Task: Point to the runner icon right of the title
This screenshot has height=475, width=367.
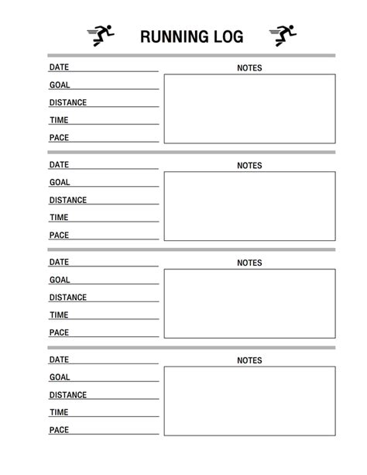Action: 283,34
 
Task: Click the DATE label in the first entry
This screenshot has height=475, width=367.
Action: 59,67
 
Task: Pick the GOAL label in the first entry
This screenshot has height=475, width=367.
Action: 60,85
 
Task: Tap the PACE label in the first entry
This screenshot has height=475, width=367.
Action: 59,138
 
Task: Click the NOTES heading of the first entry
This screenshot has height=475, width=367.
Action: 249,68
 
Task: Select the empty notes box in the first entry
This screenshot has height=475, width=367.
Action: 249,108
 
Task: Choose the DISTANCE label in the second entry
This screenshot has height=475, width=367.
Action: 68,200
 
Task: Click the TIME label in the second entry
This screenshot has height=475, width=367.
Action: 59,218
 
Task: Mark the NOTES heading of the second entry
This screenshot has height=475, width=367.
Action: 249,166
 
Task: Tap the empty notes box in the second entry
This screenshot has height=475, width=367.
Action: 249,206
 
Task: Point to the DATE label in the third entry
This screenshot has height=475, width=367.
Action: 59,262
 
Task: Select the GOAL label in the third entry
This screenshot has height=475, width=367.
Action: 60,280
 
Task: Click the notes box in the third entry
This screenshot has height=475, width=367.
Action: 249,304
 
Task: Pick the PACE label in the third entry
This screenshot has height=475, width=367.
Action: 59,332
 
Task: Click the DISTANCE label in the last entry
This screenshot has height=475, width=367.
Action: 68,395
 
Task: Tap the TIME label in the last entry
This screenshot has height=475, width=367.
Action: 59,412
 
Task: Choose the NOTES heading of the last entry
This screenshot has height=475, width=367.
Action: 249,360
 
